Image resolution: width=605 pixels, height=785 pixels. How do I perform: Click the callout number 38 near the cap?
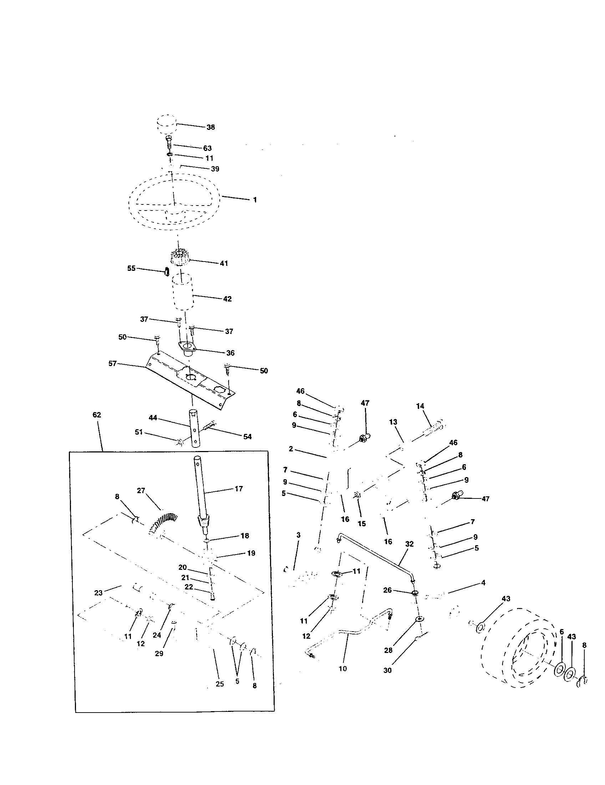210,127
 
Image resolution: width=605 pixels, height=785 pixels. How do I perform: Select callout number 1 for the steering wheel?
255,200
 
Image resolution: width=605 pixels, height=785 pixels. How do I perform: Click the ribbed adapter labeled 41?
179,258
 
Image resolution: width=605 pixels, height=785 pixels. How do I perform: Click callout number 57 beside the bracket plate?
112,363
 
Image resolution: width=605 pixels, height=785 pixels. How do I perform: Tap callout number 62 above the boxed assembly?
97,415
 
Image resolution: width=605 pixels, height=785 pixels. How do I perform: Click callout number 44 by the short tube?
153,418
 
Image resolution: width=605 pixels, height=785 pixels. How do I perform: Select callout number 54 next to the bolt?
247,437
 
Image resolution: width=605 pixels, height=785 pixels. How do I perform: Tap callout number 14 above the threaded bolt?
420,406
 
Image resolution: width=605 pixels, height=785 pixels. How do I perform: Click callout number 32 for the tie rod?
410,544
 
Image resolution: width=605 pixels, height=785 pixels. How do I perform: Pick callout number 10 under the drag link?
343,669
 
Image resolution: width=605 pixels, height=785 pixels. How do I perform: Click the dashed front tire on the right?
514,647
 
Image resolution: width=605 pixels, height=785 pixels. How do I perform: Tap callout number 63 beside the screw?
207,148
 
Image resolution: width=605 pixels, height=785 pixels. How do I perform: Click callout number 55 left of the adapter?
132,268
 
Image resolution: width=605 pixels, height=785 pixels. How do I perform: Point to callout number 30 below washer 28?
387,670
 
